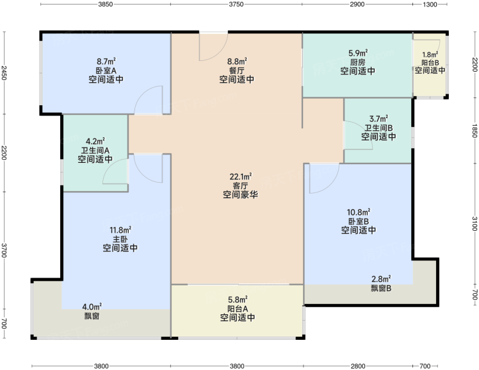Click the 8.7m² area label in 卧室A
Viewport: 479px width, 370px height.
106,62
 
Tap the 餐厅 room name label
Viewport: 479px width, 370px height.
237,71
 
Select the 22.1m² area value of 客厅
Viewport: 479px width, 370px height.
240,177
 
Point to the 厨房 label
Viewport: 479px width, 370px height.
358,62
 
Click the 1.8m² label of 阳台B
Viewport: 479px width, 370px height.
430,55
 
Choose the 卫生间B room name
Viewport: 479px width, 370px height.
378,128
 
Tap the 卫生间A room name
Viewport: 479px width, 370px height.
95,151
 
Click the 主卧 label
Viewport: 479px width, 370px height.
120,239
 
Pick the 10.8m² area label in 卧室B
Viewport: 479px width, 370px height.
359,212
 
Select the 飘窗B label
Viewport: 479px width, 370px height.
381,288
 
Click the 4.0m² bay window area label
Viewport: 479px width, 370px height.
92,307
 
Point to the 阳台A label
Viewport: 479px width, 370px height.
238,308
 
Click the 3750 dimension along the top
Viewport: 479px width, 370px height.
236,4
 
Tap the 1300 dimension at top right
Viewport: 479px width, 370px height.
430,4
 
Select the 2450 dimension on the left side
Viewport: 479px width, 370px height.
4,72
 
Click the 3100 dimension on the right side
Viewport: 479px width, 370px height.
475,224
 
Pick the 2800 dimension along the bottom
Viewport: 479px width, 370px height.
358,366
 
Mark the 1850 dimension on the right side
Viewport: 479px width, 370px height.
475,131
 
